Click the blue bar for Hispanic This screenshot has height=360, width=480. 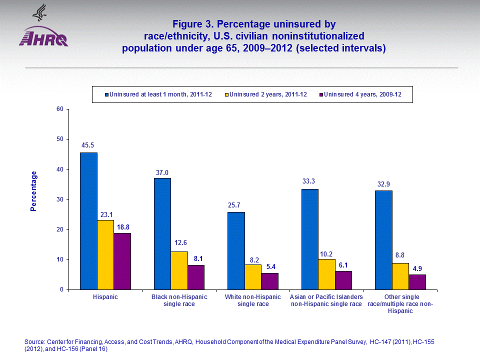coord(88,221)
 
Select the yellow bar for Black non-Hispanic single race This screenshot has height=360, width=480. coord(179,270)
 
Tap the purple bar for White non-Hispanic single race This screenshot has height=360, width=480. coord(269,281)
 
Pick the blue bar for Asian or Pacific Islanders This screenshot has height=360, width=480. coord(309,239)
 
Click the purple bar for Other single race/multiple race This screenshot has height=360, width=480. coord(417,282)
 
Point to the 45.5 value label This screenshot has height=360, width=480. coord(88,145)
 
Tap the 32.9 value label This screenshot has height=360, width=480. coord(384,183)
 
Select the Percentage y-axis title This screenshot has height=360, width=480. coord(33,191)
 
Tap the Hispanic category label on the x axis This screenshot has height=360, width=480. coord(105,297)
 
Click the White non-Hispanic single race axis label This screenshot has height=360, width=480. coord(252,300)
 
